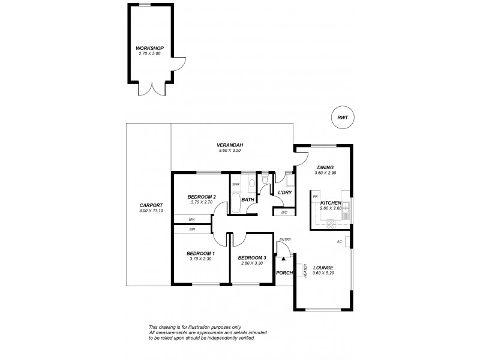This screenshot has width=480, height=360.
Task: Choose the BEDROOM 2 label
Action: pos(201,197)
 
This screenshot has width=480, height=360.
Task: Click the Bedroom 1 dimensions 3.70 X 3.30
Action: pos(201,259)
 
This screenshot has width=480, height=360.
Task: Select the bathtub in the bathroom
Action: pos(236,203)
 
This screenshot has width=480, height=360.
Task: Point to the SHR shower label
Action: pos(236,184)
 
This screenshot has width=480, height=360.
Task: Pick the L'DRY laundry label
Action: pos(284,192)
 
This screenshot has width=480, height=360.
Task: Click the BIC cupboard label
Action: pos(284,212)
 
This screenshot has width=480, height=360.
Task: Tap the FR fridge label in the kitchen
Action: pos(315,196)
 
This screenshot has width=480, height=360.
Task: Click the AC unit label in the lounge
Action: pos(339,241)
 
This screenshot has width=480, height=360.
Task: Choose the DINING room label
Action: pos(324,167)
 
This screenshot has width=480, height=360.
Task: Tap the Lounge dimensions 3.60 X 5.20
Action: pos(322,274)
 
